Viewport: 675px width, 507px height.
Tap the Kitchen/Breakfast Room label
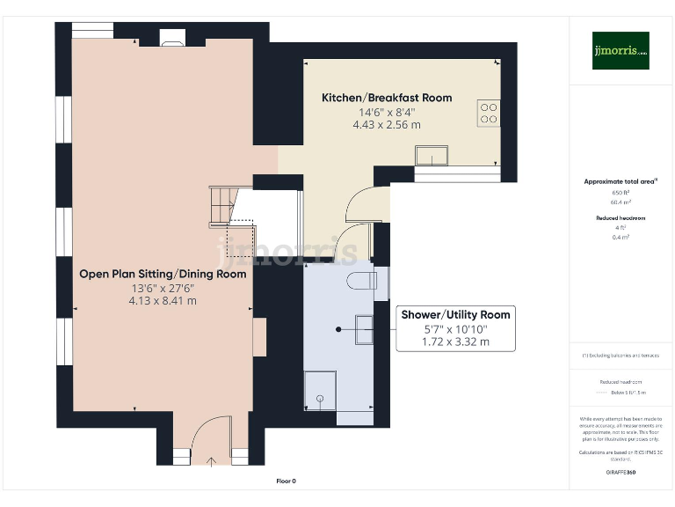pos(387,97)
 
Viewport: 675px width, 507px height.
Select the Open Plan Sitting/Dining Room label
pos(163,274)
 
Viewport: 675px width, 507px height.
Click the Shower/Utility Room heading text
pos(455,314)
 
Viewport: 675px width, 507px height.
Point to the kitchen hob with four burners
pos(488,113)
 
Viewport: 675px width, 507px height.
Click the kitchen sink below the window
pos(432,156)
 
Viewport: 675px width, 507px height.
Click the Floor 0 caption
pos(286,481)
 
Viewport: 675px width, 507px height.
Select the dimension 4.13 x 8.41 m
pos(163,300)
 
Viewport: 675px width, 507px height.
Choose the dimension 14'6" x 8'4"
pos(387,112)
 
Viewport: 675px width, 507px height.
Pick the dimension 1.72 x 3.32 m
pos(455,342)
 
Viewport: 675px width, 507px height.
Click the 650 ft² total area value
pos(621,192)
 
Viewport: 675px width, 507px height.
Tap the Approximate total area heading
pos(621,181)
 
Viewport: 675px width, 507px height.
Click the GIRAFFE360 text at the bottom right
pos(621,473)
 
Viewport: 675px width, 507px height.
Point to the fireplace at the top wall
pos(171,37)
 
